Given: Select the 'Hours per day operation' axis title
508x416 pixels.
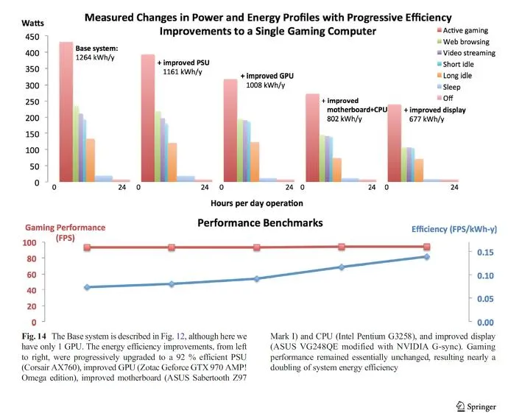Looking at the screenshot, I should click(x=257, y=203).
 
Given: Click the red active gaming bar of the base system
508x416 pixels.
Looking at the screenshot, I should click(x=66, y=110).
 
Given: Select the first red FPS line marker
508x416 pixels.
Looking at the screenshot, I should click(x=87, y=247).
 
